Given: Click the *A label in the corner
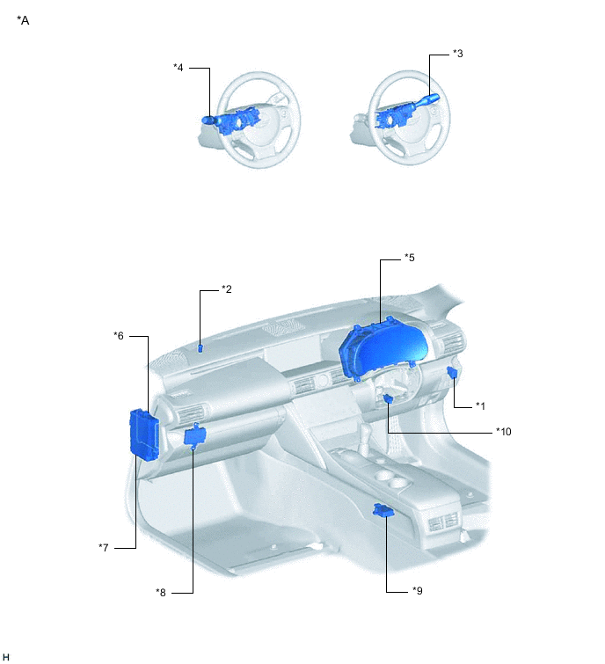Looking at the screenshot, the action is coord(23,20).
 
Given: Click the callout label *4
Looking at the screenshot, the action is coord(179,68).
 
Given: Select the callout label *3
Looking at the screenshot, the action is coord(457,54).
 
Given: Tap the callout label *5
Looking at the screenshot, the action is coord(410,258).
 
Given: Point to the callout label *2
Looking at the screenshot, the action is coord(227,288).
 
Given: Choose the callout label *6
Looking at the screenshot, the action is coord(119,335).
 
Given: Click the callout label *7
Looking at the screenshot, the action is coord(104,548).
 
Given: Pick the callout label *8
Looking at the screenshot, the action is coord(161,593).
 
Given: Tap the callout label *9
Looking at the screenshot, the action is coord(418,590).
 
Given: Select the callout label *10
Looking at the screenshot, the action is coord(503,432).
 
